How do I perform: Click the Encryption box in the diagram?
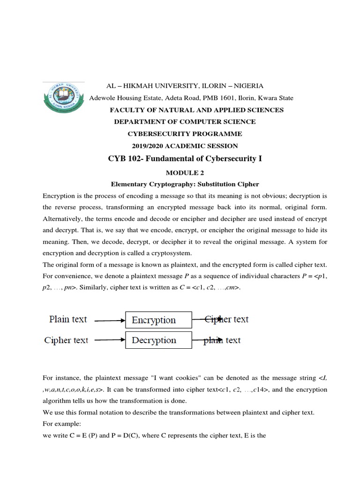(x=158, y=320)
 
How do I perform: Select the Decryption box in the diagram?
(x=158, y=340)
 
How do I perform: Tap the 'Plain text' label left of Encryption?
(x=68, y=319)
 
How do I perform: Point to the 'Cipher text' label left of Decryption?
(x=66, y=340)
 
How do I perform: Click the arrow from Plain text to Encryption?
(x=110, y=321)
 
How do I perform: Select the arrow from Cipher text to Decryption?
(x=110, y=341)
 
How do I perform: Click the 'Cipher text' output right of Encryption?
(x=226, y=319)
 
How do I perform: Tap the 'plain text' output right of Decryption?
(x=222, y=340)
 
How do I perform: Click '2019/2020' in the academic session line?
(x=148, y=146)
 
